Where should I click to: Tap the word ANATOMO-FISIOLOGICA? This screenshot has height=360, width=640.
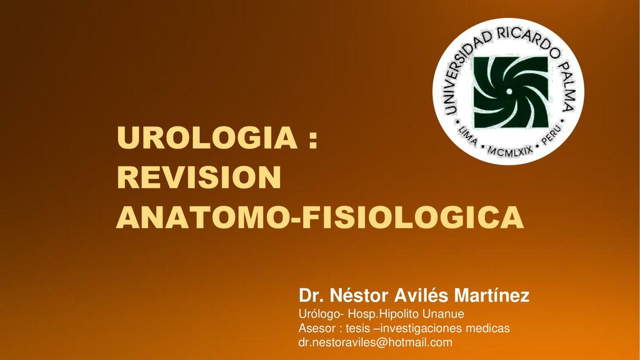319,218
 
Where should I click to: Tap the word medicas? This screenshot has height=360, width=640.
492,328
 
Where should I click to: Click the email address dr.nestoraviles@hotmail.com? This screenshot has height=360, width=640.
375,342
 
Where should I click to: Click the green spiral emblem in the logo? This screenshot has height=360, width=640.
510,92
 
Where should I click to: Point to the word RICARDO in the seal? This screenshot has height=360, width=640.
521,39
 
